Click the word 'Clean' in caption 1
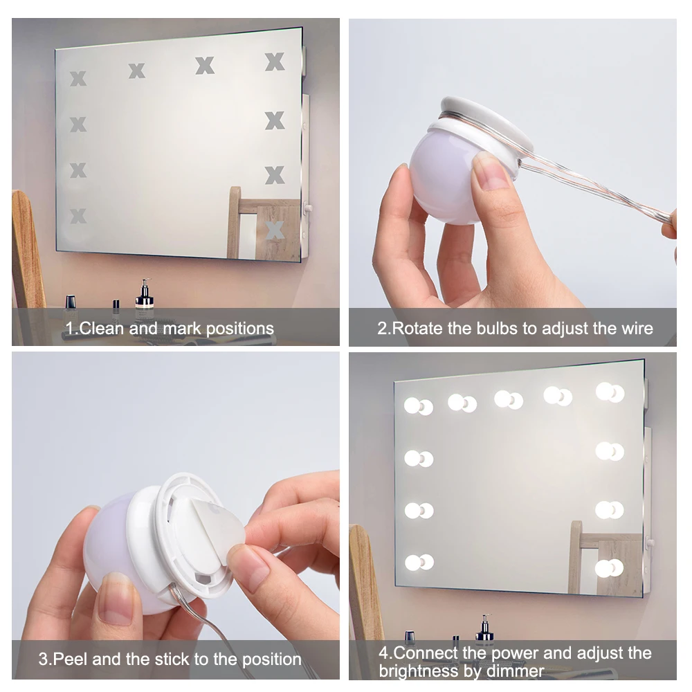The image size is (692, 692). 101,328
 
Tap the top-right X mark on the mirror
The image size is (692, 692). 275,62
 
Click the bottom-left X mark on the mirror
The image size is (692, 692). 78,216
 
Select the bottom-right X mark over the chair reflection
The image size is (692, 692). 275,230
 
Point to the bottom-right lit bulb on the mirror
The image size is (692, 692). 609,568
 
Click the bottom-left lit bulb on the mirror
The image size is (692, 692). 419,563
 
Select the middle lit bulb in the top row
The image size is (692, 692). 509,400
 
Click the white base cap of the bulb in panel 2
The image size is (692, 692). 486,124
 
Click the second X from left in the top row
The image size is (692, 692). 137,71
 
